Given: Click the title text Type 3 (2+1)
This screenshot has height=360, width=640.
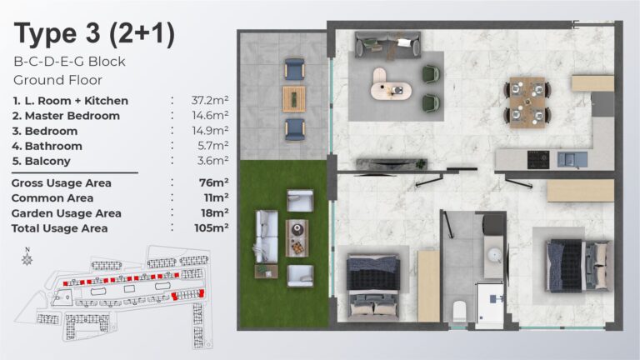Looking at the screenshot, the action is (x=94, y=35).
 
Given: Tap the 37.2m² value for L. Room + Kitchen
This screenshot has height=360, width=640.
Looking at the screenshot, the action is (x=210, y=100).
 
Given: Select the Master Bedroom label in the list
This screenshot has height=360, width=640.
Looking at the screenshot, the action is (x=66, y=116).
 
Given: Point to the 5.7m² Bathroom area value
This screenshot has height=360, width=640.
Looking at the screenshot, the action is (x=212, y=146).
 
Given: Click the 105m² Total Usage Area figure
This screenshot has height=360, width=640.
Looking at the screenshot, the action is (x=212, y=227).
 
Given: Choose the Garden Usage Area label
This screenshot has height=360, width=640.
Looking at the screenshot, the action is (x=66, y=213).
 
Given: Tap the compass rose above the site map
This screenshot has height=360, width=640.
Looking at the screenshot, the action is (x=27, y=257).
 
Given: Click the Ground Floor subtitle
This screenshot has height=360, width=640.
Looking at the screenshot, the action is (x=57, y=80).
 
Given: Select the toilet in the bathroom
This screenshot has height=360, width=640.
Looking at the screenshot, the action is (x=460, y=311).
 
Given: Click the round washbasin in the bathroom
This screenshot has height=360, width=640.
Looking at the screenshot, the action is (x=495, y=256).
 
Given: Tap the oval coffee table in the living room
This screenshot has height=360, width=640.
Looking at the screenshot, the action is (x=392, y=84).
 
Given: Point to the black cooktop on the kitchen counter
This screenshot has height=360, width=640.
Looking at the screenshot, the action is (x=538, y=160).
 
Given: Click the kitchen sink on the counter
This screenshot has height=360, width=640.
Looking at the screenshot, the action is (x=572, y=159).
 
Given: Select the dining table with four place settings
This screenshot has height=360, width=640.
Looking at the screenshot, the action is (x=527, y=102).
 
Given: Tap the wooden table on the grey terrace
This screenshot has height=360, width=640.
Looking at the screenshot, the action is (x=294, y=98).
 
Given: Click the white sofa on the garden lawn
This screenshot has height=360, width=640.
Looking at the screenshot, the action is (x=267, y=237).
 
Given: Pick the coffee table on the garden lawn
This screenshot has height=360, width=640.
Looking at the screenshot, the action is (x=297, y=238).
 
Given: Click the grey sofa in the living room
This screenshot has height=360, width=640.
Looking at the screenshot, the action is (x=387, y=44).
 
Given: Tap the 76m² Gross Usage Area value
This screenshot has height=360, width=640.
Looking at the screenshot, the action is (x=214, y=182).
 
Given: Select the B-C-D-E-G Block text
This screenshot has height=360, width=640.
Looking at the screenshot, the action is (x=69, y=62).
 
